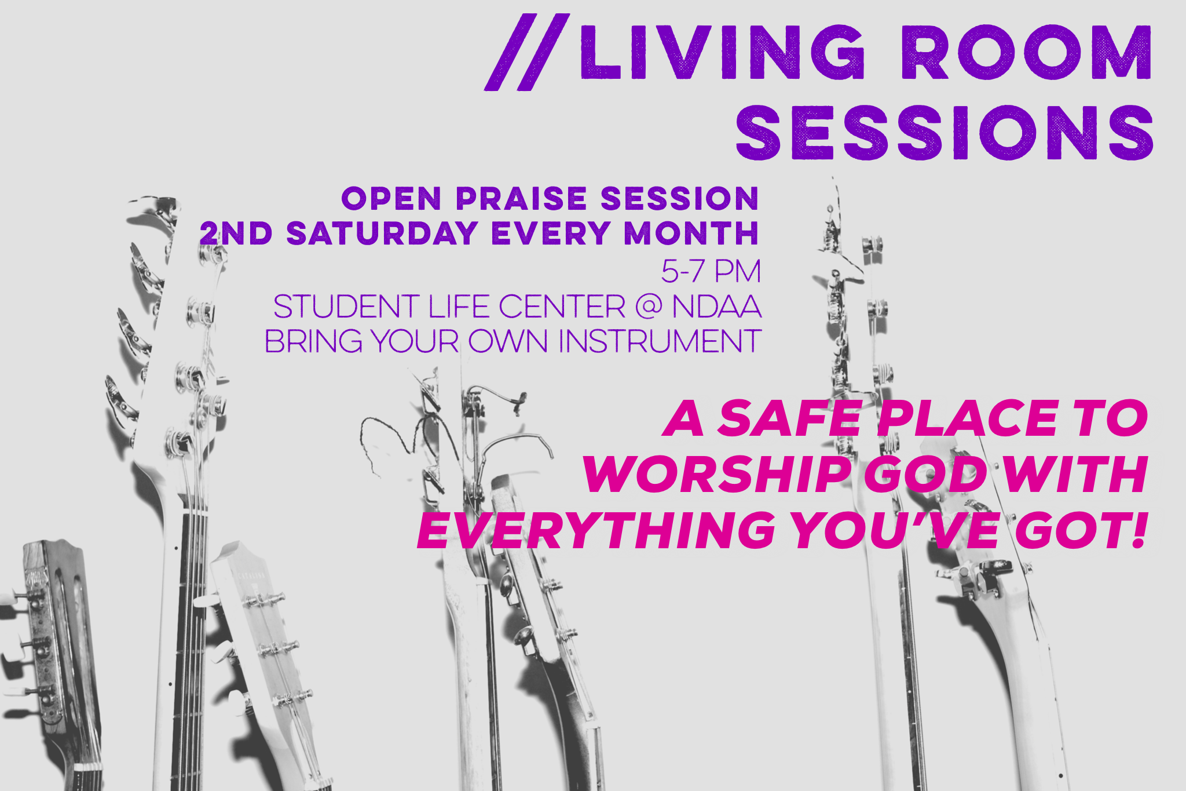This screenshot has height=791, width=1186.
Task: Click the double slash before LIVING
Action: tap(527, 52)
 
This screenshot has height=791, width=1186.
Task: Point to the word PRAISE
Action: tap(521, 199)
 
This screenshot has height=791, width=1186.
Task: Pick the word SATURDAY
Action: tap(382, 234)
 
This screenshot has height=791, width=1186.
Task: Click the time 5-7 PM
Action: tap(711, 271)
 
